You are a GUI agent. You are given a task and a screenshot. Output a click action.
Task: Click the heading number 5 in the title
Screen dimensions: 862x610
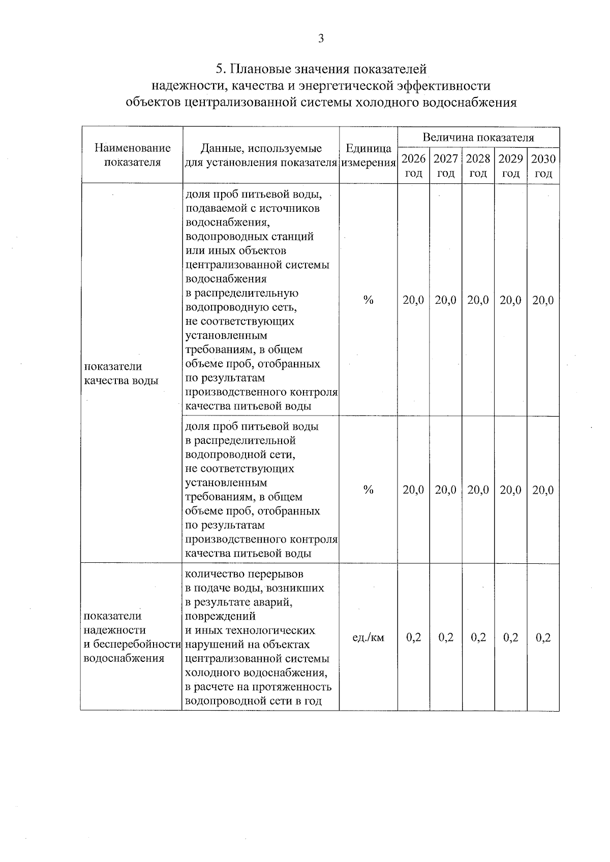tap(219, 69)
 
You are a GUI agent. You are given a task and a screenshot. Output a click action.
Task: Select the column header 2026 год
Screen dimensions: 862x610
tap(413, 166)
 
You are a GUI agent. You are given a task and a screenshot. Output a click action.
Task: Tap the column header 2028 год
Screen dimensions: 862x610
tap(478, 166)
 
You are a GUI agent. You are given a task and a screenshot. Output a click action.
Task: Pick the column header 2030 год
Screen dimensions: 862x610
tap(543, 166)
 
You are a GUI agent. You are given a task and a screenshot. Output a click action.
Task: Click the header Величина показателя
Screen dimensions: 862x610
tap(478, 137)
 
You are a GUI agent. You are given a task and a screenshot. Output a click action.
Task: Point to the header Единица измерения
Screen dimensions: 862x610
tap(368, 155)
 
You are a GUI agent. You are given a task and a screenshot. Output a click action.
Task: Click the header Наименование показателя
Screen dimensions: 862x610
tap(132, 155)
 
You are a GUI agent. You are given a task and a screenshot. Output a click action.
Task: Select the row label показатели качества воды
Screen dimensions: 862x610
tap(121, 373)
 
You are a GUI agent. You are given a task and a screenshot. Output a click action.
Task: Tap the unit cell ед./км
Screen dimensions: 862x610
tap(368, 637)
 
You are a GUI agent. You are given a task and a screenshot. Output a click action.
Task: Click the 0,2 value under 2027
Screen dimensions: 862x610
tap(446, 637)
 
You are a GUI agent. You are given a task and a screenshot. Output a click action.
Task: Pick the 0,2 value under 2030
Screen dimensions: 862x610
tap(543, 637)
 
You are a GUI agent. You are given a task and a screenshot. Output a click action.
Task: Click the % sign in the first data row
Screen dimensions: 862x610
tap(368, 300)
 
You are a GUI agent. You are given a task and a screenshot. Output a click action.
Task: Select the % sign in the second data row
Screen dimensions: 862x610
tap(368, 490)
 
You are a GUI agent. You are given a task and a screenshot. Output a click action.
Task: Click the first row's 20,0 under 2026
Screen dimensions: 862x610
tap(413, 300)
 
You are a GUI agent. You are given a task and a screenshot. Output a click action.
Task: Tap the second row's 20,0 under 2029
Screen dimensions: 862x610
tap(510, 490)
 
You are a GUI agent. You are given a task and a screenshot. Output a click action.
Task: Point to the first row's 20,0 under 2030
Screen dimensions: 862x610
tap(543, 300)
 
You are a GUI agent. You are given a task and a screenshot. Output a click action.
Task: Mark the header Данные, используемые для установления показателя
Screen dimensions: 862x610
tap(261, 155)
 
